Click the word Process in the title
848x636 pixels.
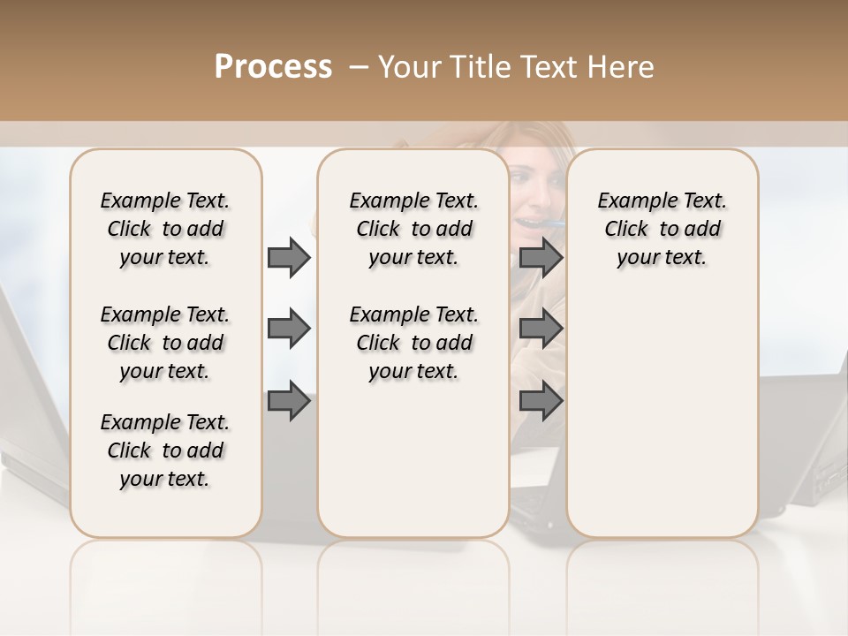[273, 67]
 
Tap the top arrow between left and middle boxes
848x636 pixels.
[289, 257]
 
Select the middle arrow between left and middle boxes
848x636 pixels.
[289, 329]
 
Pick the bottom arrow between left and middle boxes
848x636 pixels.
[289, 401]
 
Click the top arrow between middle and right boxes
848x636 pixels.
[541, 257]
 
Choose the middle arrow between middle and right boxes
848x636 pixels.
[541, 329]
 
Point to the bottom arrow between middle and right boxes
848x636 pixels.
[541, 401]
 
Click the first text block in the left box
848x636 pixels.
[165, 229]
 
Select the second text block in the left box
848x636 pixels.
[165, 343]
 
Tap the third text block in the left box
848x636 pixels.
[165, 450]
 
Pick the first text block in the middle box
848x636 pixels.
[413, 229]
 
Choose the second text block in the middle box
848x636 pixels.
[413, 343]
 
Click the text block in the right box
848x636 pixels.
[662, 229]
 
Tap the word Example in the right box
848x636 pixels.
[632, 201]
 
